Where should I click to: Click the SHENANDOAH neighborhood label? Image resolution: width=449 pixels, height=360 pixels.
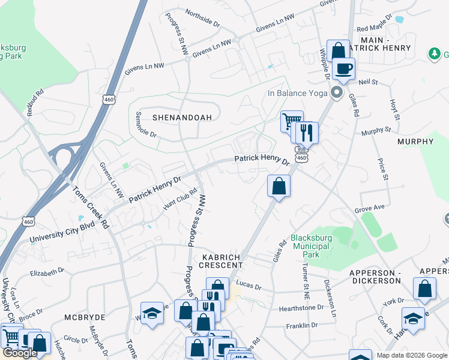(x=182, y=118)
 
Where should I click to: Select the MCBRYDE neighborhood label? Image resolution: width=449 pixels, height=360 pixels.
(x=85, y=317)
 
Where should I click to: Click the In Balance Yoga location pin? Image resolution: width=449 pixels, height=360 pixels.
(x=337, y=93)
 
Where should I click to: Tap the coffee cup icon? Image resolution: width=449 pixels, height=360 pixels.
(x=344, y=69)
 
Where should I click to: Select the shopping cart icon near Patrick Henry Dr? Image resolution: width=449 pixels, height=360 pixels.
(x=291, y=122)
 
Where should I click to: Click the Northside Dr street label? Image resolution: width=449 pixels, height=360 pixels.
(x=202, y=17)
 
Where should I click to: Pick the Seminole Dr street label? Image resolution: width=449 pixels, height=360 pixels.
(x=146, y=125)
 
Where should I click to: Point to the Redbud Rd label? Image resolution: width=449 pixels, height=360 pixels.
(x=35, y=102)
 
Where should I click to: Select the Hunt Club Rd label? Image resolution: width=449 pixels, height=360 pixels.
(x=180, y=200)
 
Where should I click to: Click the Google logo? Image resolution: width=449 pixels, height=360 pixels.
(x=20, y=353)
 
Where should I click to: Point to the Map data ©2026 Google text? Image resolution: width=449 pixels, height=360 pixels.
(x=412, y=355)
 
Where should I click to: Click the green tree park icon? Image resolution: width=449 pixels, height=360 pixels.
(x=435, y=54)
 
